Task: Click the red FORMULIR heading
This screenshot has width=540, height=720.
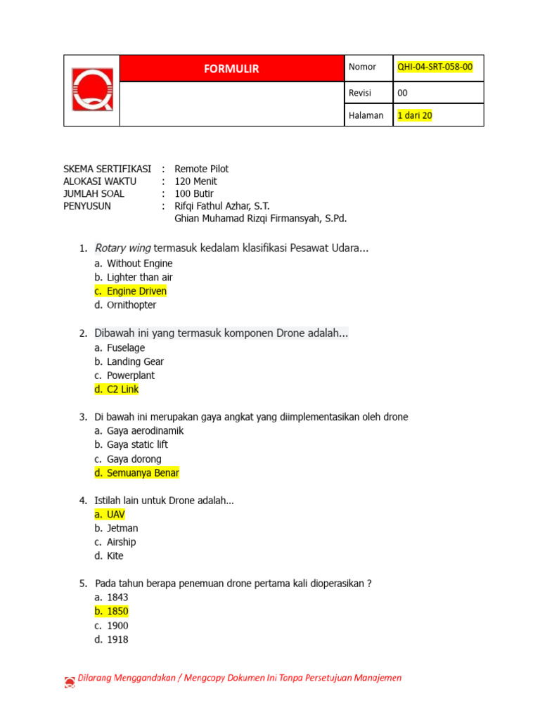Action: (231, 68)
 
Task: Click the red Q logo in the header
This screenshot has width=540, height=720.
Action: (91, 90)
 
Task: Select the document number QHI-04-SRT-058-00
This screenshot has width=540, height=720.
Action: (435, 67)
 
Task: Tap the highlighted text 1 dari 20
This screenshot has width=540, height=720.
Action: (415, 115)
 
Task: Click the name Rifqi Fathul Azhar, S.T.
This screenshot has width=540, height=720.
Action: (221, 206)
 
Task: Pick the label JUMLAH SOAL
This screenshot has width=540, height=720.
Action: (94, 193)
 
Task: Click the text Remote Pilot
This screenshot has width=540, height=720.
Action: (201, 169)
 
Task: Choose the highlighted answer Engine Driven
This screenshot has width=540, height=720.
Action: (136, 291)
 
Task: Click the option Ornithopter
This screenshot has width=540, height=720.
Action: (131, 305)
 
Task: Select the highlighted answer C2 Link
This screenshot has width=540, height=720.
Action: (122, 390)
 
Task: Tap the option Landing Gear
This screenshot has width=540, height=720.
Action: (135, 361)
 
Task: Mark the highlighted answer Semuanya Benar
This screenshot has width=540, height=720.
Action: (143, 473)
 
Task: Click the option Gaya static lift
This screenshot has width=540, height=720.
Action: (137, 444)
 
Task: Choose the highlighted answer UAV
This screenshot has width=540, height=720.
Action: (115, 514)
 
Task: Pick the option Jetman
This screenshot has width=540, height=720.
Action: (122, 528)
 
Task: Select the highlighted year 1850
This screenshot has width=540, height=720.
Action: (117, 611)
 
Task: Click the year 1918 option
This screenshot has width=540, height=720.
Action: (117, 640)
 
